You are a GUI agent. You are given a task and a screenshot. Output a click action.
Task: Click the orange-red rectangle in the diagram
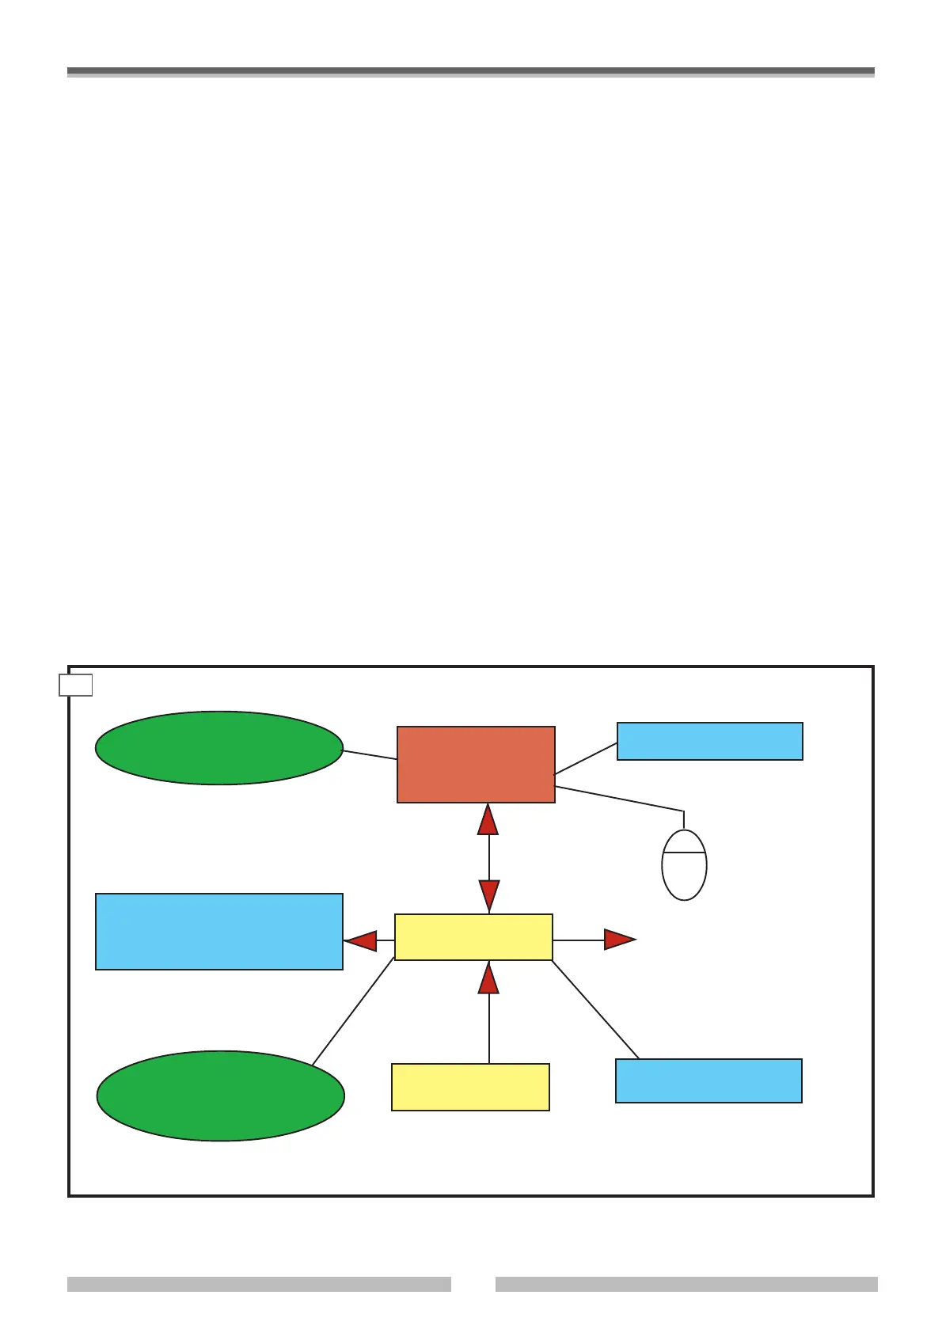click(x=476, y=764)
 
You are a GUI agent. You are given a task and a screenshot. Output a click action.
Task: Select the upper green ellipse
click(x=219, y=748)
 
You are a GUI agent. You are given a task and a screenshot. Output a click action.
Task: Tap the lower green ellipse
click(x=220, y=1096)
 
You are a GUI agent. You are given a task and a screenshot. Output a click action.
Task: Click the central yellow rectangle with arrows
click(x=473, y=937)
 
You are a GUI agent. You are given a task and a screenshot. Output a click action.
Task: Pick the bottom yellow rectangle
click(x=470, y=1087)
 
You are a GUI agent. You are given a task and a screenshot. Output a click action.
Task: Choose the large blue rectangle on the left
click(x=219, y=932)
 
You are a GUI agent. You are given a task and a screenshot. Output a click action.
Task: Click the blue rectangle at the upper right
click(x=709, y=741)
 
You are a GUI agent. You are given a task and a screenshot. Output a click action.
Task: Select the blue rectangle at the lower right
click(x=708, y=1080)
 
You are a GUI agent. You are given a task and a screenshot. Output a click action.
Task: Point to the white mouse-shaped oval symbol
click(x=684, y=865)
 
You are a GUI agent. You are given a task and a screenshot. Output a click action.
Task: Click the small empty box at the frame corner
click(x=76, y=685)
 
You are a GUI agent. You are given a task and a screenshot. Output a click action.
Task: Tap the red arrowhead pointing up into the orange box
click(x=488, y=819)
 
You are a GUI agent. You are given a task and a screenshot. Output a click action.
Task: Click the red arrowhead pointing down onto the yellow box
click(x=489, y=895)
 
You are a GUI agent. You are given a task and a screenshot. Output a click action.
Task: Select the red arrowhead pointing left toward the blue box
click(x=361, y=940)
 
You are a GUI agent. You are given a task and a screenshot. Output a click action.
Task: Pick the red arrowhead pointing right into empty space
click(x=619, y=940)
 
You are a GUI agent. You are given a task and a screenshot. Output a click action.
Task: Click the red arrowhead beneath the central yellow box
click(x=489, y=978)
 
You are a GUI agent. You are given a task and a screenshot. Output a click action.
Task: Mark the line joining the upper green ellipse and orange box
click(x=370, y=754)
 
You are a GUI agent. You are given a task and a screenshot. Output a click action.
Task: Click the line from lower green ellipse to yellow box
click(x=353, y=1012)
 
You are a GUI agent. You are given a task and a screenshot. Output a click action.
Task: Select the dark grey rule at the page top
click(x=470, y=71)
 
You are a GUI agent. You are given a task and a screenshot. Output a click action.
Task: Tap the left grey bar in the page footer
click(x=259, y=1284)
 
